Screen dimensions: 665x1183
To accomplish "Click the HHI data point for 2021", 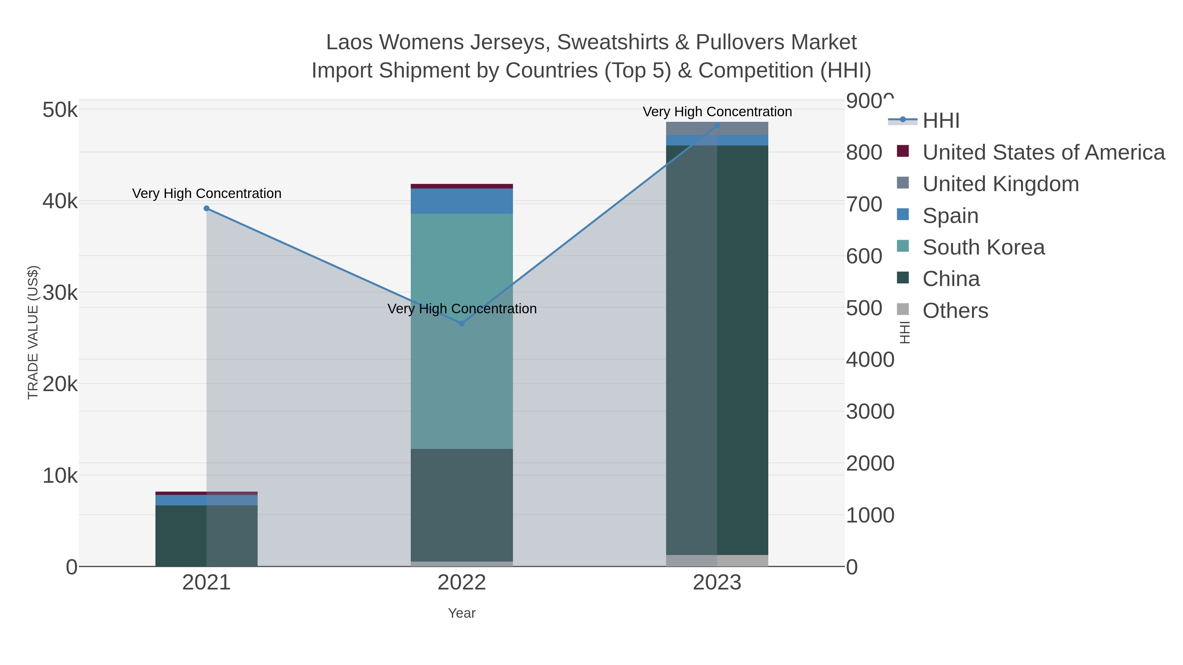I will (x=207, y=208).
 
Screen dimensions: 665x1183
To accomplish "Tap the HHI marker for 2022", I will (x=462, y=323).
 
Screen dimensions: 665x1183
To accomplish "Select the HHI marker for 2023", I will (x=717, y=125).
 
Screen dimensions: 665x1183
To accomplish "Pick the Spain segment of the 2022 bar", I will (x=462, y=201).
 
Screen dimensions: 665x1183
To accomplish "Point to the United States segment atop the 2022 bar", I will (x=462, y=186).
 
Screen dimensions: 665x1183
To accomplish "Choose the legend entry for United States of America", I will (x=1043, y=152).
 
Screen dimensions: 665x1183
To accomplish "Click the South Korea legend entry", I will (x=983, y=247).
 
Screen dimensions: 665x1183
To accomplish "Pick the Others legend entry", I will (x=955, y=311).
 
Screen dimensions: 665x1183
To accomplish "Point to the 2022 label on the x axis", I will (x=462, y=583).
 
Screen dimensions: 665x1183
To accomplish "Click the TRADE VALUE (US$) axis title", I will (x=33, y=332).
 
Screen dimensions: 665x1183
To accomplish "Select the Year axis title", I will (x=462, y=613).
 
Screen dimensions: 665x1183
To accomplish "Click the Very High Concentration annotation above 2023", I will (x=717, y=112).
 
